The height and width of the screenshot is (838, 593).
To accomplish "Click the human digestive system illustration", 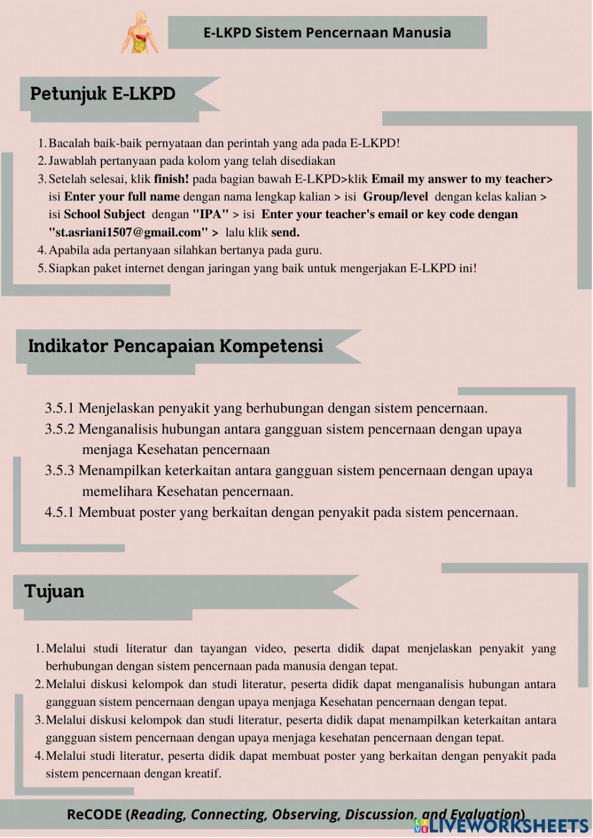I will click(x=141, y=33).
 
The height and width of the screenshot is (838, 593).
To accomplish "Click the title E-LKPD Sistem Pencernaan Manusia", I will click(x=327, y=33).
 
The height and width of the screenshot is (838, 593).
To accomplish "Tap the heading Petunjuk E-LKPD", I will click(x=103, y=94).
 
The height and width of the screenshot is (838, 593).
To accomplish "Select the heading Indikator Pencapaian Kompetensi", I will click(x=176, y=346).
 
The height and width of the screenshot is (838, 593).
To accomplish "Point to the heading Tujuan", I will click(x=54, y=591).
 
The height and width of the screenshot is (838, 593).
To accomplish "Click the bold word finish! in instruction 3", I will click(x=171, y=179).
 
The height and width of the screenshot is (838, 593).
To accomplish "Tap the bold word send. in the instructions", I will click(x=285, y=232).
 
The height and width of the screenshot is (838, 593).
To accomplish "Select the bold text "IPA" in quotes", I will click(x=211, y=215).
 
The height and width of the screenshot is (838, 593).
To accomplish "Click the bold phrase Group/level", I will click(x=395, y=197).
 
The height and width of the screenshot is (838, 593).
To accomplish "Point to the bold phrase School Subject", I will click(x=104, y=215).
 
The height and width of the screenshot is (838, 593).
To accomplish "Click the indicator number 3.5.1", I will click(x=59, y=408).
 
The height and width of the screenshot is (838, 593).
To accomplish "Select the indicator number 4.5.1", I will click(x=59, y=512).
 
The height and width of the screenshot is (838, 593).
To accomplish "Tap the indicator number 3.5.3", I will click(x=59, y=471).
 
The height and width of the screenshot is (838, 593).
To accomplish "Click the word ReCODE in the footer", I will click(x=94, y=814).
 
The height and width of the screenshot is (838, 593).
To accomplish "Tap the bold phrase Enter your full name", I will click(x=122, y=197).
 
